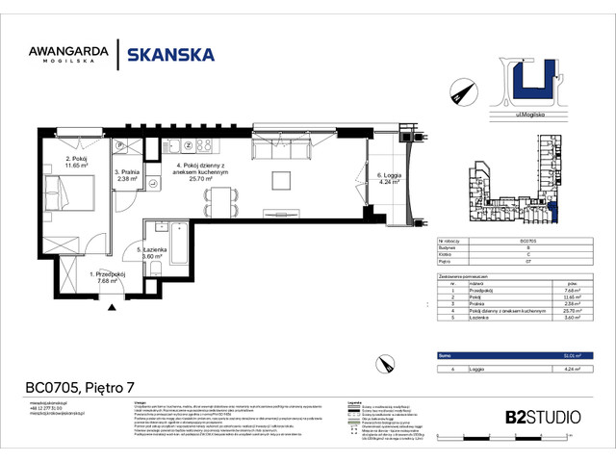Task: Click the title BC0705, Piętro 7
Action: click(x=79, y=388)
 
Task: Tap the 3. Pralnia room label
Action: click(x=128, y=174)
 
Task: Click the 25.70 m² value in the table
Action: click(x=570, y=311)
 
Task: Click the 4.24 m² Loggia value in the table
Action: click(x=570, y=368)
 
